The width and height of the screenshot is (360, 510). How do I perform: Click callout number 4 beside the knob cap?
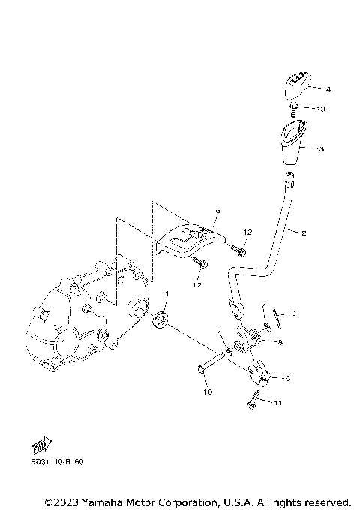(x=328, y=89)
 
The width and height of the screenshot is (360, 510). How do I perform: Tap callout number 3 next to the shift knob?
(x=321, y=149)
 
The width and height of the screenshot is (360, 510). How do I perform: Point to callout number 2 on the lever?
(x=304, y=233)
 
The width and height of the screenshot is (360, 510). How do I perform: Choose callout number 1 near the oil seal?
(x=166, y=294)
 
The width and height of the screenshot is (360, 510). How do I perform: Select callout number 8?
(x=279, y=342)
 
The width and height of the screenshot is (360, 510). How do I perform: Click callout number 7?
(x=219, y=331)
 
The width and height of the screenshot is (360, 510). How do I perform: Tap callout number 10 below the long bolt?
(x=208, y=391)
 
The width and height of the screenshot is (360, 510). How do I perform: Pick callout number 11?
(x=277, y=403)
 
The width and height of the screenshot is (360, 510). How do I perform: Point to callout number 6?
(x=285, y=378)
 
